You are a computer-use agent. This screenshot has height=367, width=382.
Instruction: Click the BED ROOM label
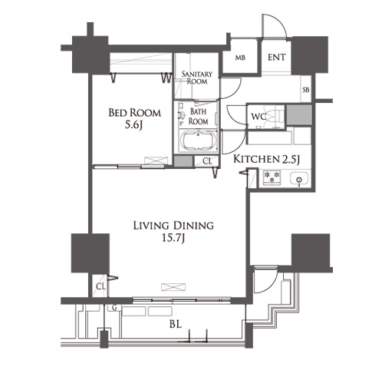click(x=135, y=113)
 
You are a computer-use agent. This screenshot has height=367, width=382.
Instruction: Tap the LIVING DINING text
click(x=173, y=226)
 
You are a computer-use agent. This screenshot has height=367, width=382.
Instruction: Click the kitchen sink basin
click(x=299, y=177)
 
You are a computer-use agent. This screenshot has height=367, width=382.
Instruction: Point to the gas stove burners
click(x=272, y=177)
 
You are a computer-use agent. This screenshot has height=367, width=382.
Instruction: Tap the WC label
click(x=259, y=117)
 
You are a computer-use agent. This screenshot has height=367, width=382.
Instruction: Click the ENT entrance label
click(x=277, y=58)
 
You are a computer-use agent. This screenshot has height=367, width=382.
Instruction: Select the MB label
click(x=240, y=58)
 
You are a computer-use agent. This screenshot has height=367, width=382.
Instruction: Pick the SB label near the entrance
click(x=306, y=90)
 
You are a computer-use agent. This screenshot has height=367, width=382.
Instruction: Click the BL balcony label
click(x=176, y=325)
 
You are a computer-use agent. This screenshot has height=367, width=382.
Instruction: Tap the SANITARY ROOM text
click(x=197, y=78)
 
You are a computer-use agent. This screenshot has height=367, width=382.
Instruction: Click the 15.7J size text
click(x=173, y=238)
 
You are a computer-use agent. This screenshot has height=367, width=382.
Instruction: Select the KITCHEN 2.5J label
click(x=266, y=159)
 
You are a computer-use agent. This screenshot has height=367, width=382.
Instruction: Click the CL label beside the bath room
click(x=207, y=161)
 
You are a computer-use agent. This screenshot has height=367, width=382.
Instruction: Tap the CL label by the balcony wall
click(x=100, y=286)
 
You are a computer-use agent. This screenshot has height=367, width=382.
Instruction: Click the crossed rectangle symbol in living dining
click(x=173, y=287)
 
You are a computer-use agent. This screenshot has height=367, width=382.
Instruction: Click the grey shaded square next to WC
click(x=299, y=115)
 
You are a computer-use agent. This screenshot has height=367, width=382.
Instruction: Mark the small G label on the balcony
click(x=114, y=308)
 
